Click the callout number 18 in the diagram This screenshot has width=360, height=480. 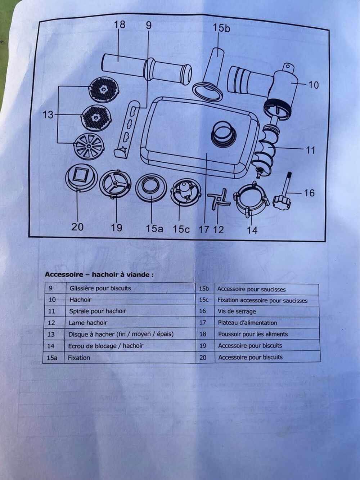tap(120, 24)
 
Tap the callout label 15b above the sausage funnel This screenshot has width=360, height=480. tap(221, 27)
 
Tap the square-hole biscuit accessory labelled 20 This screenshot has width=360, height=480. tap(82, 179)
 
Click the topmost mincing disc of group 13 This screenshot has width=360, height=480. tap(103, 89)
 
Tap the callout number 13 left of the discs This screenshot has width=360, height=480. tap(48, 115)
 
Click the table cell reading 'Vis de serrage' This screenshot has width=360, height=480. tap(237, 311)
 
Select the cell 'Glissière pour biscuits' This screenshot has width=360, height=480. tap(100, 288)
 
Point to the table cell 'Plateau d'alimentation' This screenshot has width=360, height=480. tap(247, 323)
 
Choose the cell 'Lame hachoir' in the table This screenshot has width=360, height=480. tap(88, 323)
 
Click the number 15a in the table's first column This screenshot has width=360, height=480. tap(52, 358)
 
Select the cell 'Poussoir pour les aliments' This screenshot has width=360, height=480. tap(253, 334)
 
